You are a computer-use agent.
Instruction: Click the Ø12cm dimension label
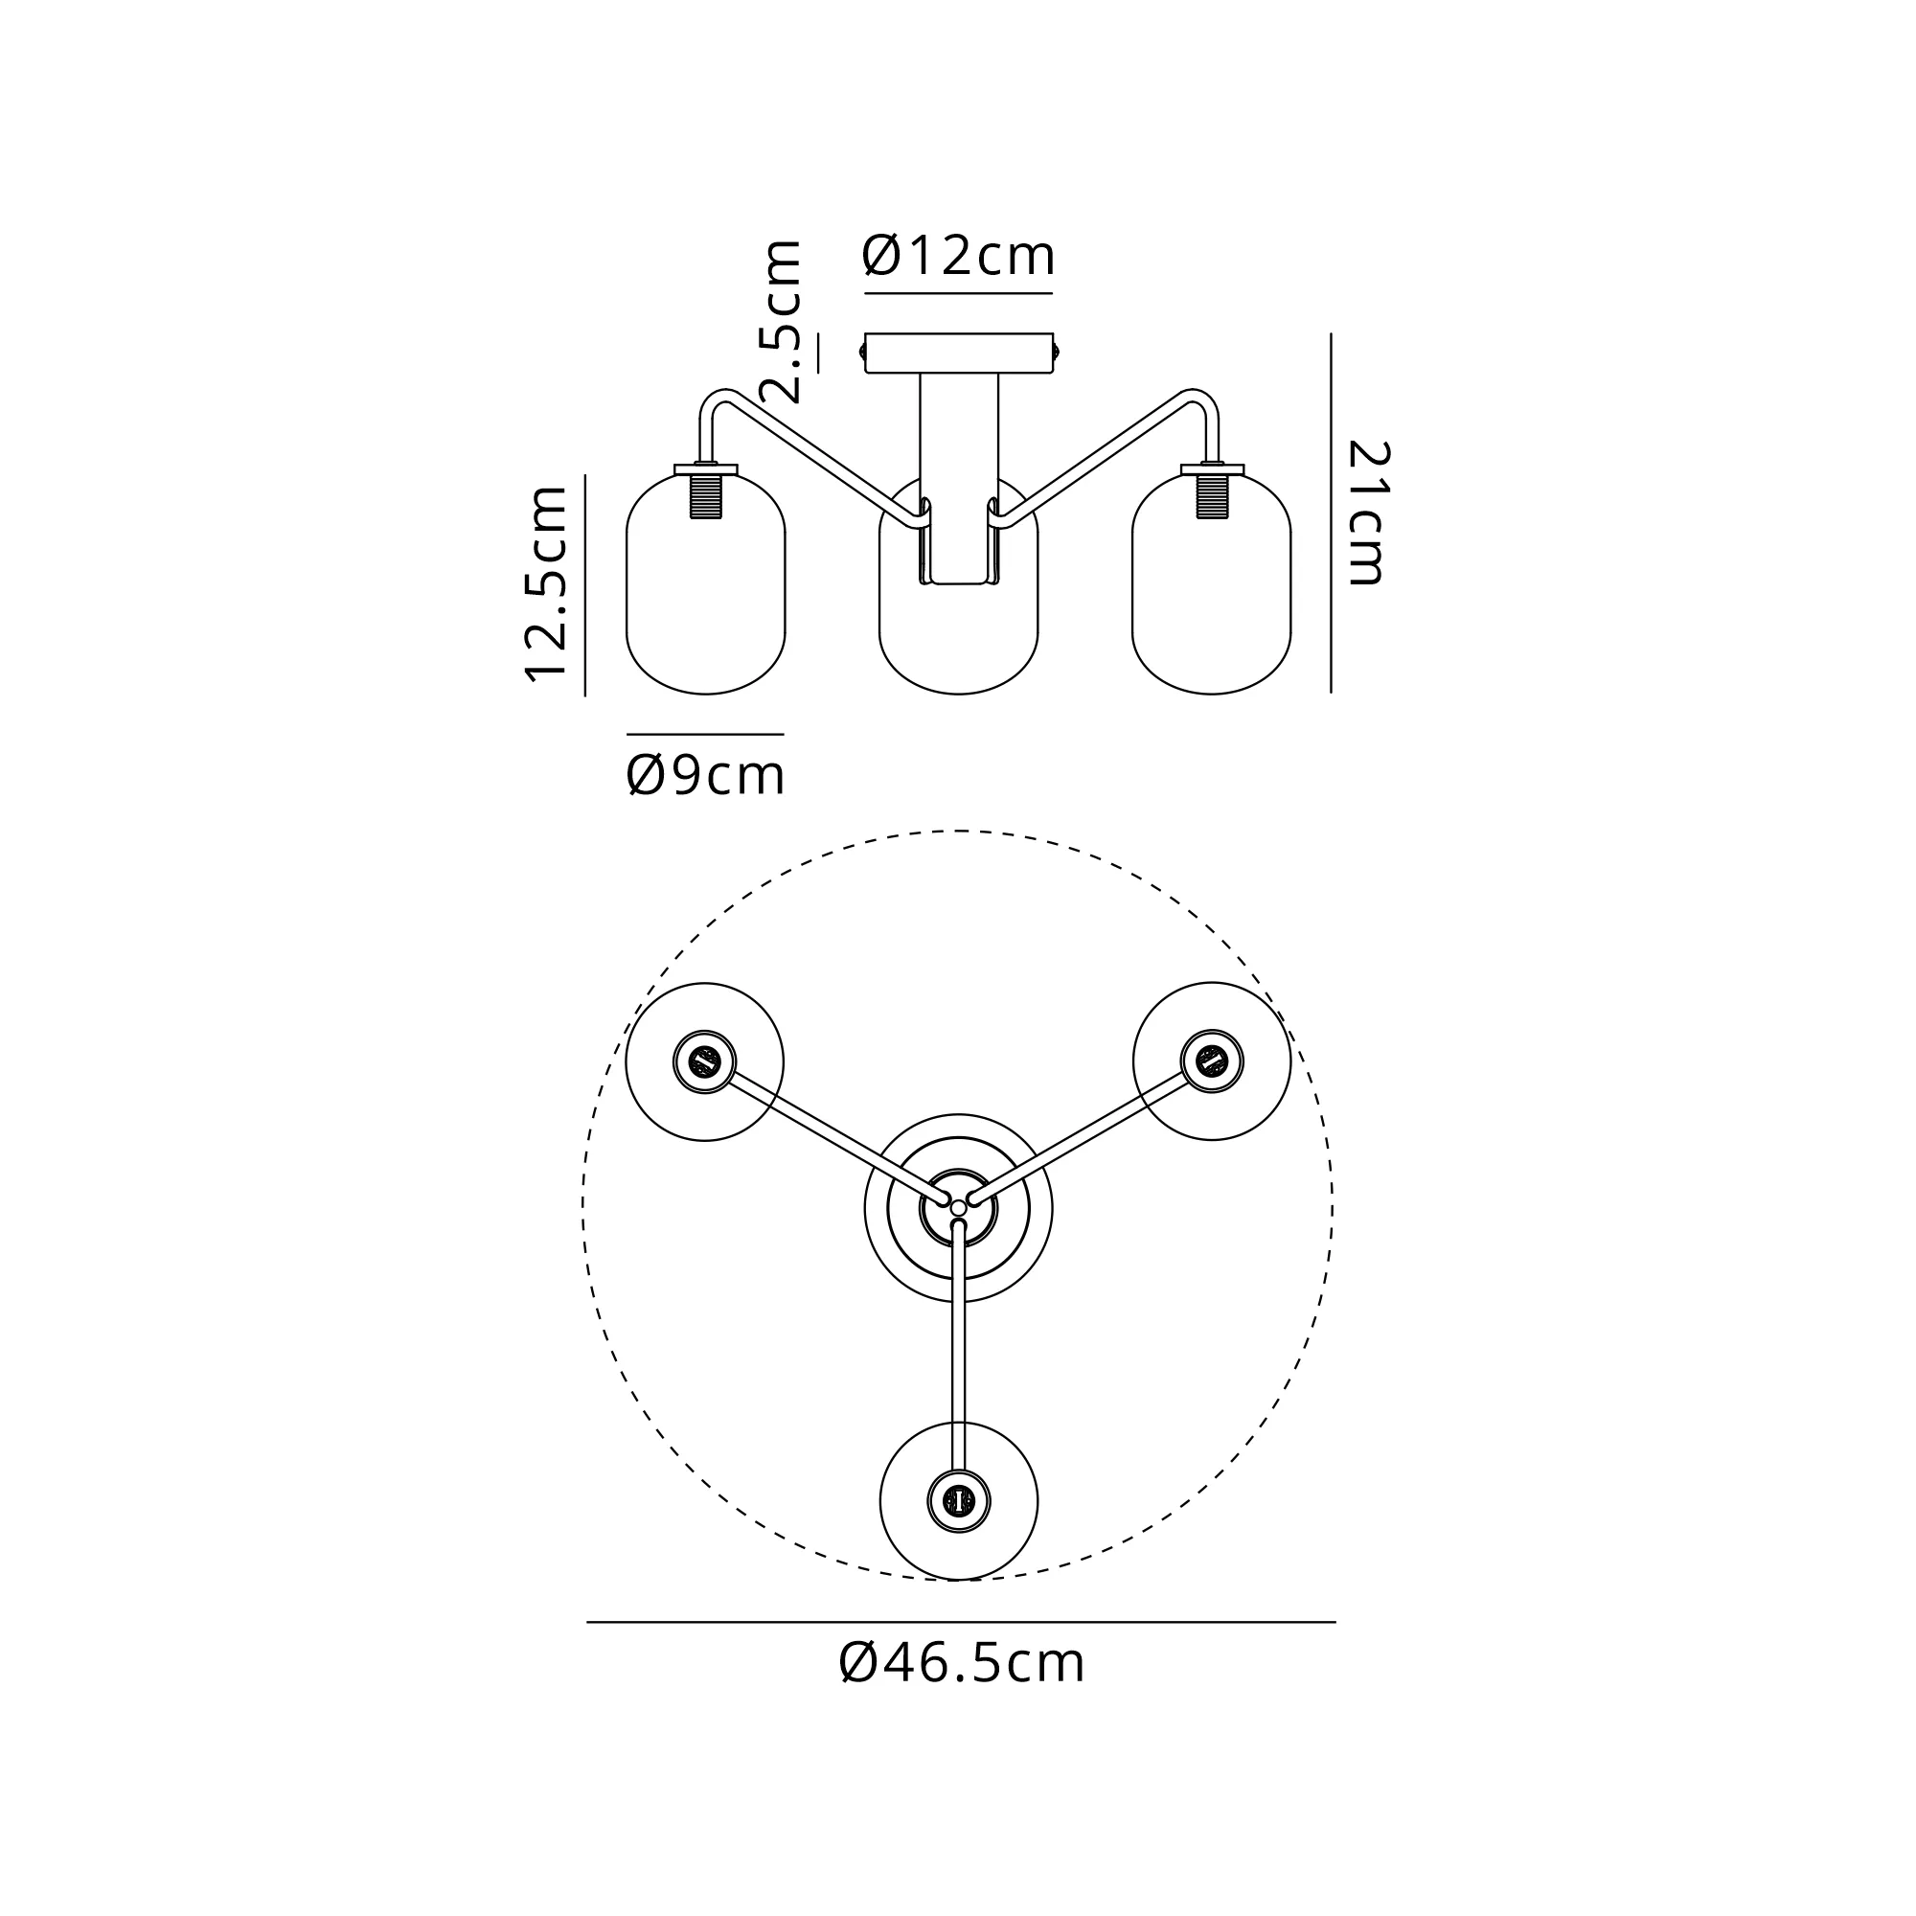point(958,256)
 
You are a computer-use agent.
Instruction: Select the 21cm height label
point(1367,513)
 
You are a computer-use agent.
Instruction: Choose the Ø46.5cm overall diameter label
point(962,1663)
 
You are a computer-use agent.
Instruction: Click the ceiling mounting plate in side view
point(959,354)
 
